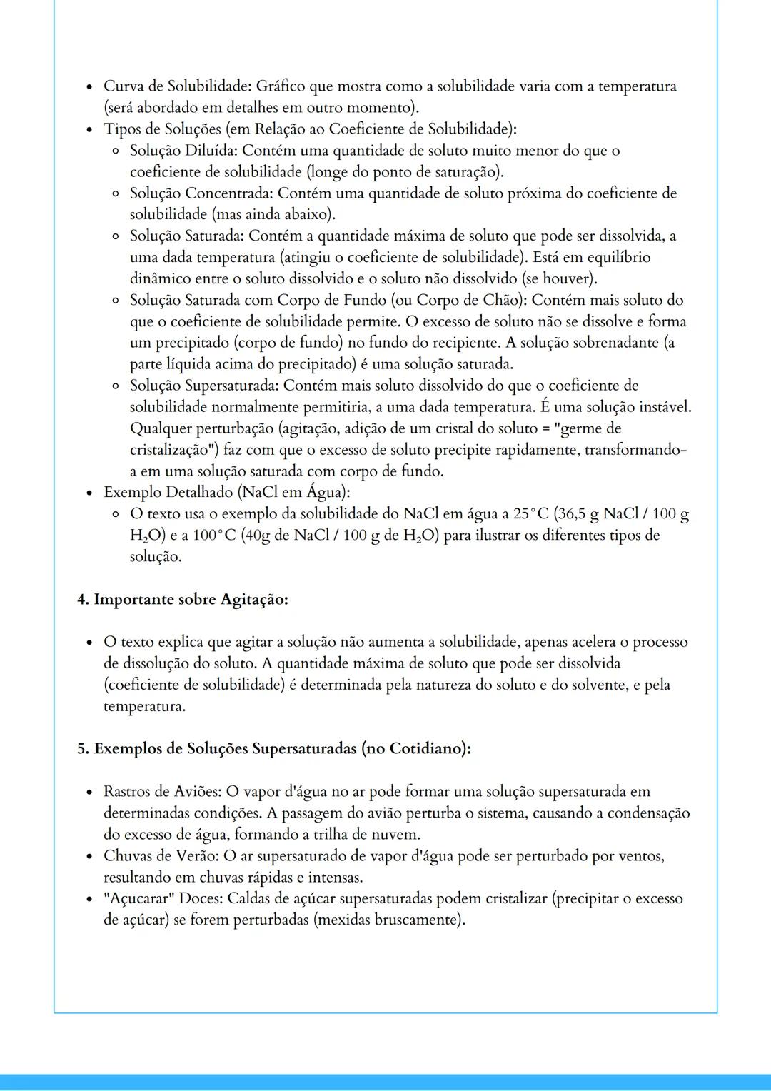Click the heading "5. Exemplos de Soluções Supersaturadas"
coord(274,749)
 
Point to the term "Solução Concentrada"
coord(200,193)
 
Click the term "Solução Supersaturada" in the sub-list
coord(204,386)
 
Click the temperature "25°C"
coord(530,514)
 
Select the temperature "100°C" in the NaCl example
coord(214,536)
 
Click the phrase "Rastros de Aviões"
coord(162,792)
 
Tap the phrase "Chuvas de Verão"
coord(160,856)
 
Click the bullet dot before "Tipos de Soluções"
coord(89,130)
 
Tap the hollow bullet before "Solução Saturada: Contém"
coord(115,237)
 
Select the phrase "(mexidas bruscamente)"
coord(388,920)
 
